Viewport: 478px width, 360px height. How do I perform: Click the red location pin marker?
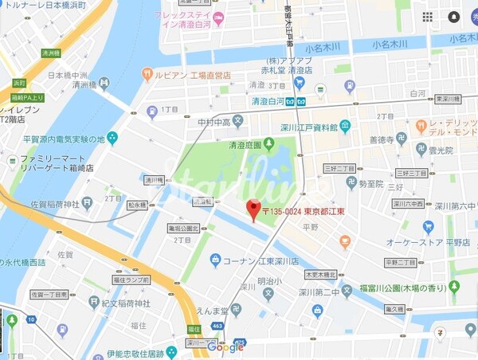254,209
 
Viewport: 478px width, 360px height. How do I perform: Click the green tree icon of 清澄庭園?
268,143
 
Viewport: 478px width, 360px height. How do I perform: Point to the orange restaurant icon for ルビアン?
147,74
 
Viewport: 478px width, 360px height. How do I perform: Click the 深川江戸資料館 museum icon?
345,125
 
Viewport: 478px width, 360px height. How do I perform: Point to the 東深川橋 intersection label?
449,99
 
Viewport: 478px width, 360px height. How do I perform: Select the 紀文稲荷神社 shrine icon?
95,302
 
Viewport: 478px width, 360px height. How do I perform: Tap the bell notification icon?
453,17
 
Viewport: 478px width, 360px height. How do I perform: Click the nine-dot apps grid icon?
428,17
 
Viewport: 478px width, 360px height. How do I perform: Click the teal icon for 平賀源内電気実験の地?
112,139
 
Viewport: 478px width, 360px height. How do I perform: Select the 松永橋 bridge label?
137,205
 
